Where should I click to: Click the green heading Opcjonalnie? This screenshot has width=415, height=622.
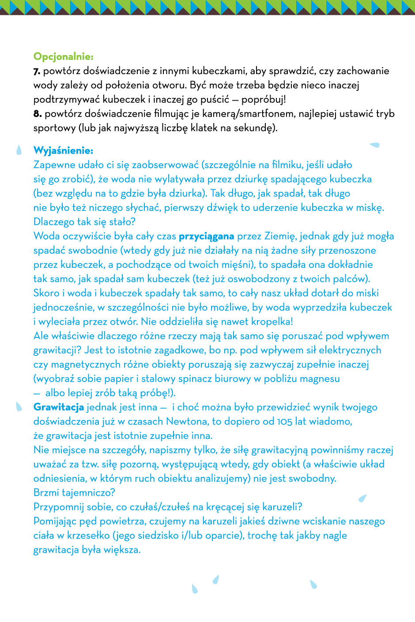(x=64, y=56)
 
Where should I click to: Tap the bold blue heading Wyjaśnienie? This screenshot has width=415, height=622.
(x=64, y=151)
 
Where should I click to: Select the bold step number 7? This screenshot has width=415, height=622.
(x=37, y=71)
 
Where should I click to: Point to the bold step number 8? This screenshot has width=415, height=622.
(x=38, y=114)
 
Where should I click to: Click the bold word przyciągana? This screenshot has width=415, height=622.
(x=206, y=236)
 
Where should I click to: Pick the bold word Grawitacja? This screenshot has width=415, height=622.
(x=59, y=407)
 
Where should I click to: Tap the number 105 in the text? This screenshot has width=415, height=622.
(x=285, y=422)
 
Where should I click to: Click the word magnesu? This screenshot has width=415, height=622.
(x=318, y=379)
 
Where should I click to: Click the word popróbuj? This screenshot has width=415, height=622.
(x=264, y=99)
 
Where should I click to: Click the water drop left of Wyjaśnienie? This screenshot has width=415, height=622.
(x=19, y=150)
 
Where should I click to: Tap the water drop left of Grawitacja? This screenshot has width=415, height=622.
(x=19, y=406)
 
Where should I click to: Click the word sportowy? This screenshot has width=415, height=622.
(x=55, y=128)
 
